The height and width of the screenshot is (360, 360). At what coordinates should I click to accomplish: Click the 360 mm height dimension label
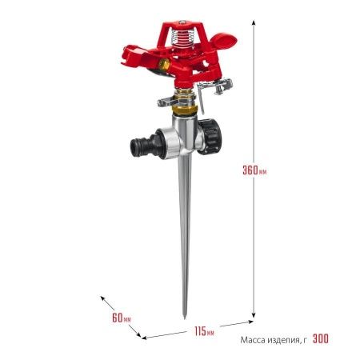click(x=254, y=170)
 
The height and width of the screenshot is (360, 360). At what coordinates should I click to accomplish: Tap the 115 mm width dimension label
click(x=204, y=331)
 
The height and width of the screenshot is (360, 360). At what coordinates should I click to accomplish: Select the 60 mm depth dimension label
click(x=122, y=318)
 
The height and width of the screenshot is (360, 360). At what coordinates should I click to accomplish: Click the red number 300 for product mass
click(x=321, y=339)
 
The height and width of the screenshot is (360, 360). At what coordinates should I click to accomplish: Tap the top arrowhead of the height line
click(x=254, y=22)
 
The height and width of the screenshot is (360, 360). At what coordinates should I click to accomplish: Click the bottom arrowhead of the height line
click(x=254, y=315)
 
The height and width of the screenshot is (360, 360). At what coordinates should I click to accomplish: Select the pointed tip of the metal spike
click(x=185, y=318)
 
